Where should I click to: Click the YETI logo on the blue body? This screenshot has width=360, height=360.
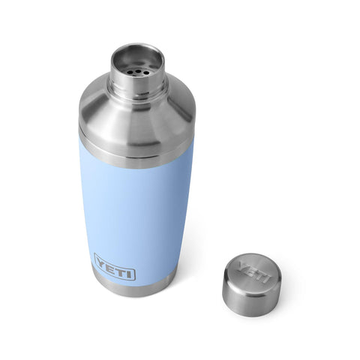coord(114,268)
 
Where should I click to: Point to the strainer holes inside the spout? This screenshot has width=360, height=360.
coord(137,64)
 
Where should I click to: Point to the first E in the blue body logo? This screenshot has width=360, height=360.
coord(110,266)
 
